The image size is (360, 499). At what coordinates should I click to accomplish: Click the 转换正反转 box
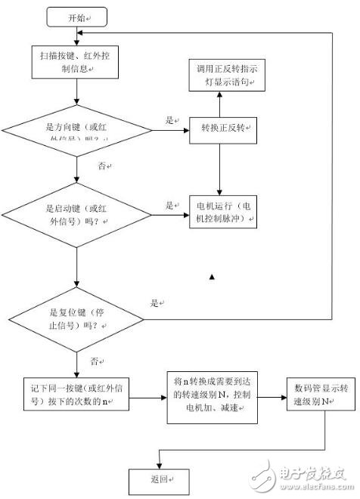220,129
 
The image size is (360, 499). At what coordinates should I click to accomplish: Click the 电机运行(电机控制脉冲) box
222,213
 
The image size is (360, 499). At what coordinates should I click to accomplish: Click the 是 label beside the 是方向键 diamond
169,119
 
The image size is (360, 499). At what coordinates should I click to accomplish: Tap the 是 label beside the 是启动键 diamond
169,205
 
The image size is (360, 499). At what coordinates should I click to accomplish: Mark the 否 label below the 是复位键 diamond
95,361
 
